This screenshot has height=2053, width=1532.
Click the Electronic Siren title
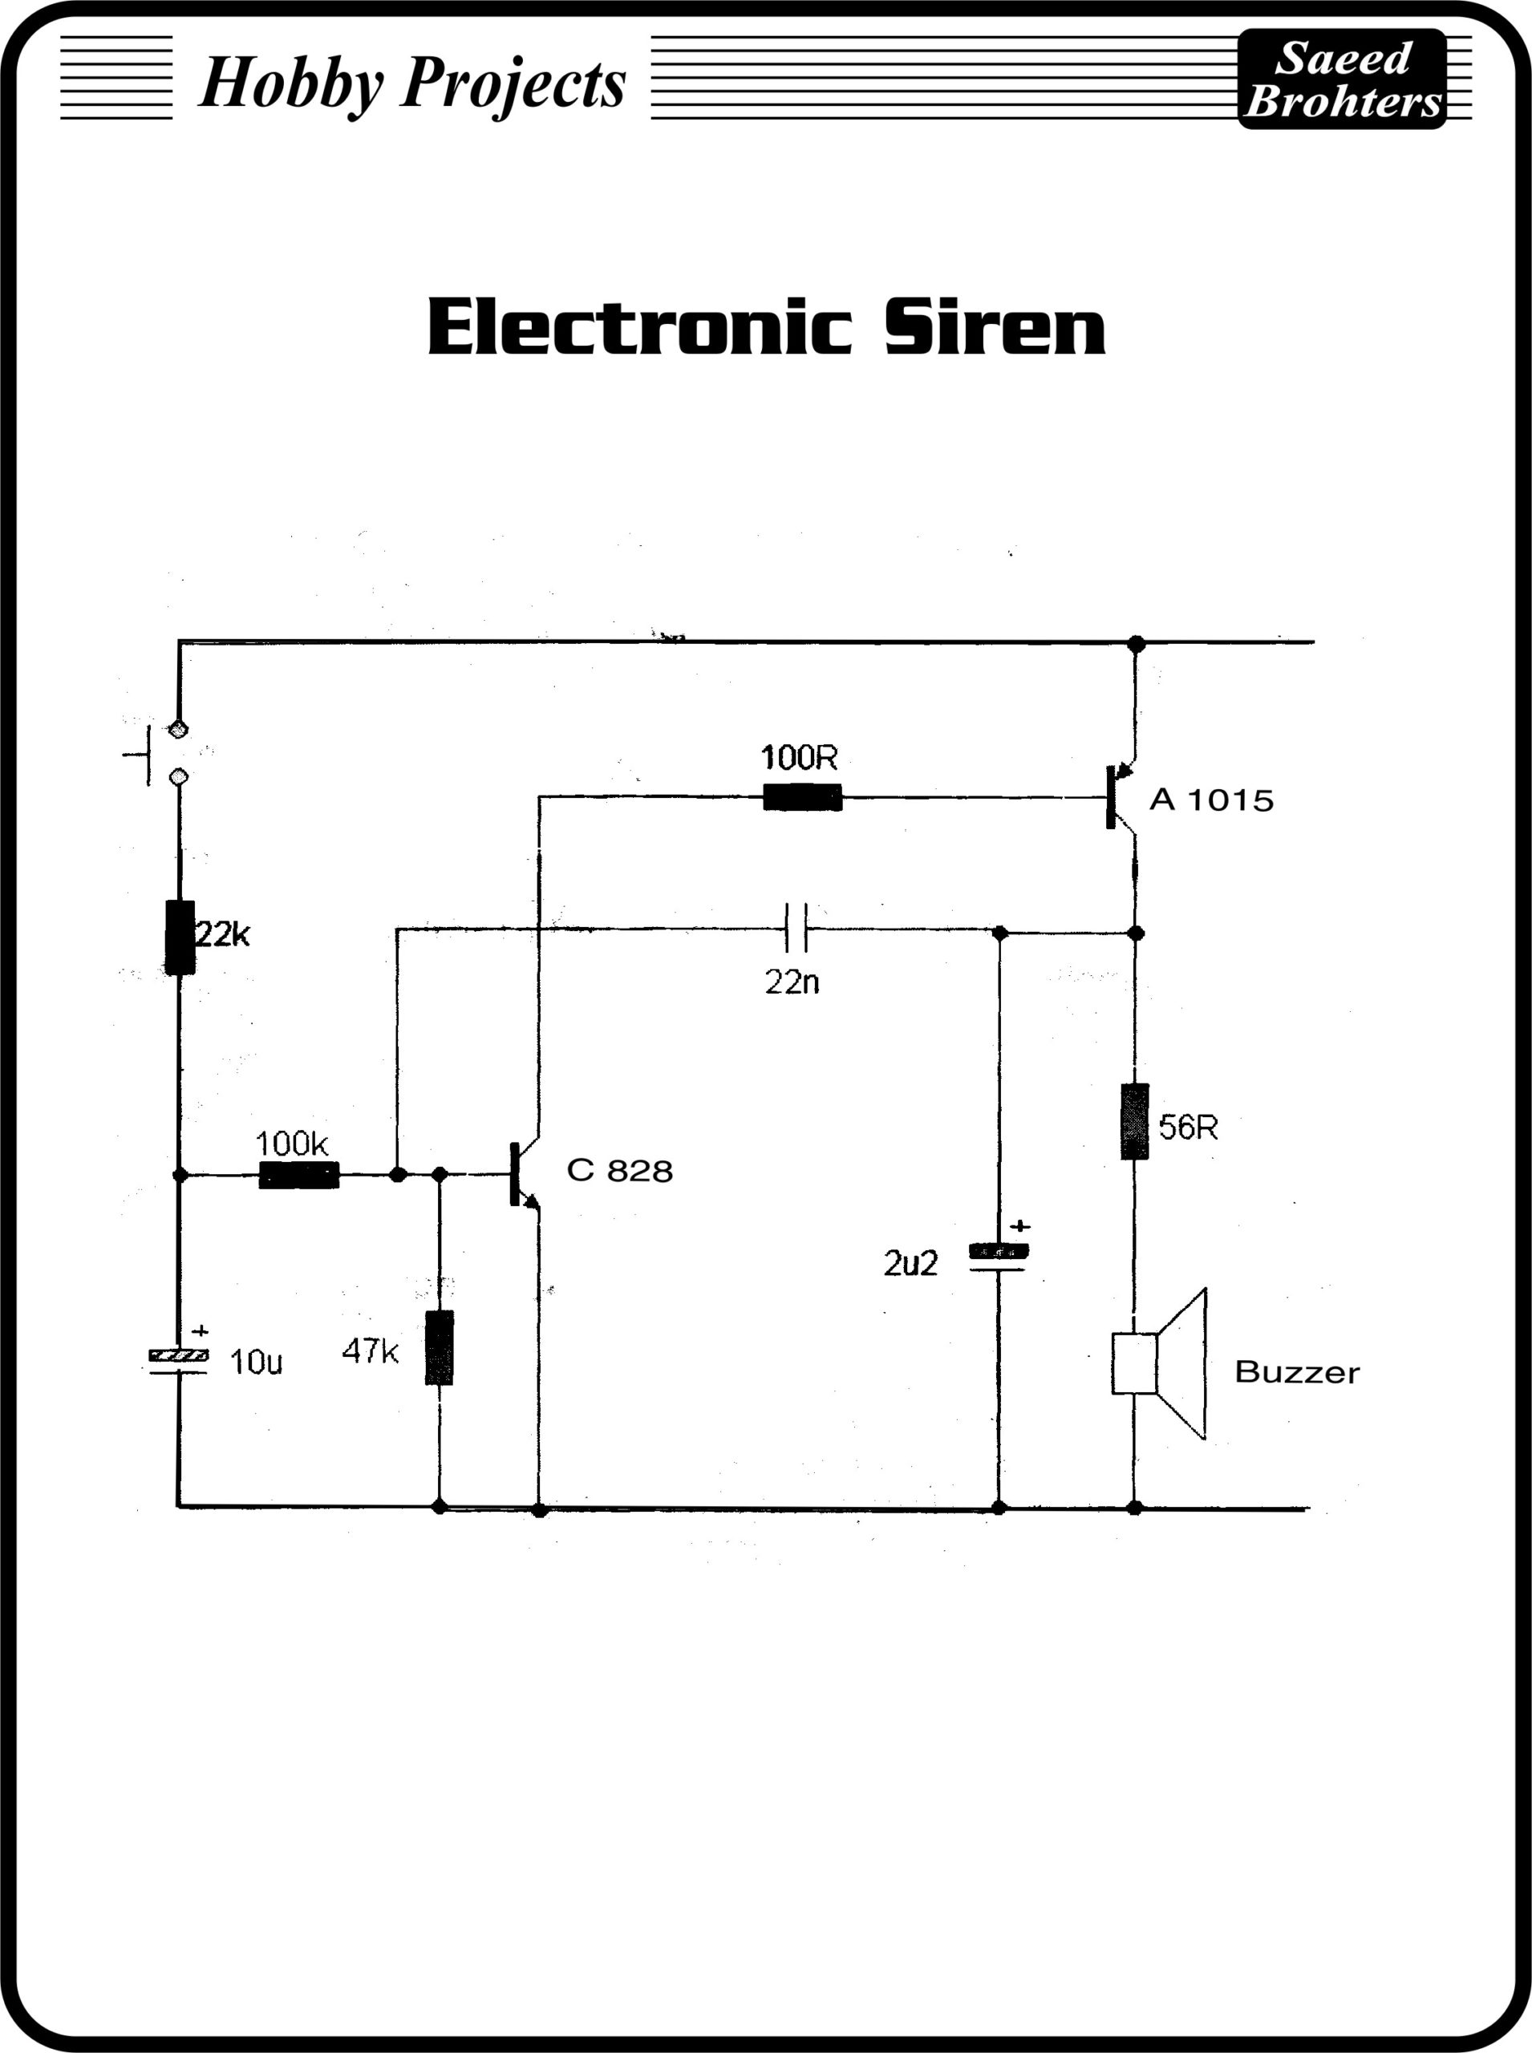(x=766, y=326)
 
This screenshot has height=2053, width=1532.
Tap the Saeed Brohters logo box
(x=1342, y=79)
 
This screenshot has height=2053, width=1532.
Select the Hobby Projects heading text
(x=412, y=83)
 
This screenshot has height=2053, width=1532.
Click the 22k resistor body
(x=180, y=937)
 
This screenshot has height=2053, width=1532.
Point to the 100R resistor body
(x=802, y=796)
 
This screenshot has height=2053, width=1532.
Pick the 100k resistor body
(x=298, y=1175)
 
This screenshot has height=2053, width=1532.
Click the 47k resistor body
(x=440, y=1347)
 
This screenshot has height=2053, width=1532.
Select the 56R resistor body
(x=1134, y=1121)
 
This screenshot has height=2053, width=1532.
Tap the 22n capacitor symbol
(x=796, y=928)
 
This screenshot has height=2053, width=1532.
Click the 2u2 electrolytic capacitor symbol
(x=998, y=1257)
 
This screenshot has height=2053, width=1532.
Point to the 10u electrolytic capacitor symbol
(x=179, y=1360)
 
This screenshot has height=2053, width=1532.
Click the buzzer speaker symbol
(x=1160, y=1363)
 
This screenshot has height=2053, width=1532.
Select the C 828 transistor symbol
(x=523, y=1175)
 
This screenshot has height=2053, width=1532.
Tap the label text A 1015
(x=1211, y=800)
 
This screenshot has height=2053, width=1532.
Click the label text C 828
(x=619, y=1171)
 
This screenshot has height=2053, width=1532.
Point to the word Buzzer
(x=1296, y=1372)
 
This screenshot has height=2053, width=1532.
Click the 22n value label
(x=792, y=982)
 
